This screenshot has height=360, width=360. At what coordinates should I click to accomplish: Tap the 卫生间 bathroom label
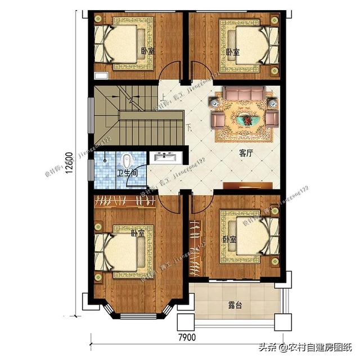127,174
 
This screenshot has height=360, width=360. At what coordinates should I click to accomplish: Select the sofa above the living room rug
243,94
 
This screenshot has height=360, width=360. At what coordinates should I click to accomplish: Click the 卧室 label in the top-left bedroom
147,51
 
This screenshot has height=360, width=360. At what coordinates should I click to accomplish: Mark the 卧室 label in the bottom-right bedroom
229,240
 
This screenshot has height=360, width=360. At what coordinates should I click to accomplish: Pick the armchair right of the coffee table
272,118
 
